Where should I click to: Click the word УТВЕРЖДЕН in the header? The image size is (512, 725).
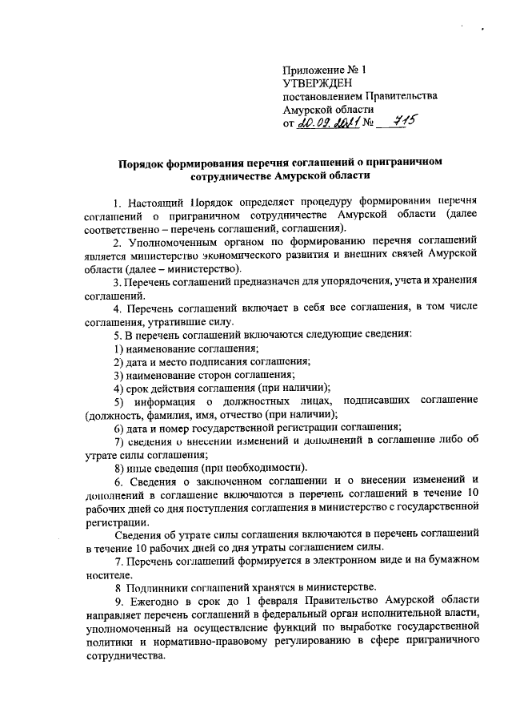click(x=317, y=83)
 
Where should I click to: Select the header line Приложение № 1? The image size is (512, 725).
click(x=321, y=70)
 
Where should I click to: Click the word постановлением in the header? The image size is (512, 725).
click(x=324, y=96)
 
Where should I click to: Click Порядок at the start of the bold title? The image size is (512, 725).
click(x=138, y=161)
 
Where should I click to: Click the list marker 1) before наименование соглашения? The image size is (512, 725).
click(x=118, y=348)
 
